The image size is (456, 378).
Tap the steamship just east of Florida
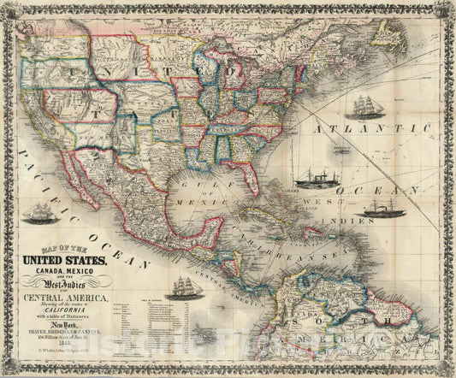pyautogui.click(x=313, y=179)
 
